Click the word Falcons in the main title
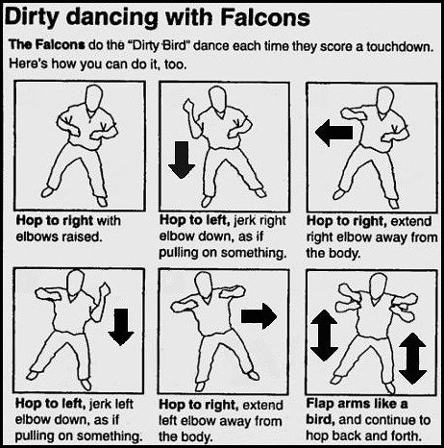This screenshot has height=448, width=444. click(265, 16)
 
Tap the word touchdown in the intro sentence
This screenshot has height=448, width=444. click(399, 47)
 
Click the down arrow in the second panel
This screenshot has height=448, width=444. click(182, 160)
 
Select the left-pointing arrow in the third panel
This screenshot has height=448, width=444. click(333, 133)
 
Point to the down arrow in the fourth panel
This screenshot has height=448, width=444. click(121, 327)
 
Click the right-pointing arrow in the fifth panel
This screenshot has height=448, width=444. click(259, 316)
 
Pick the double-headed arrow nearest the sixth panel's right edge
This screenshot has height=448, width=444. click(412, 359)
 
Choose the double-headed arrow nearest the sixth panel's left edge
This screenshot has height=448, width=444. click(324, 336)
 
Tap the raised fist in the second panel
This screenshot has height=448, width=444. click(188, 106)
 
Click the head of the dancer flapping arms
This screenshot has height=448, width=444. click(379, 286)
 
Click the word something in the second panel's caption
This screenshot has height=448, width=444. click(253, 253)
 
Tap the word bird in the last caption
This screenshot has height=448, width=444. click(320, 419)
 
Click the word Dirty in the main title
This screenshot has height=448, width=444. click(31, 17)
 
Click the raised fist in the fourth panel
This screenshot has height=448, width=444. click(105, 289)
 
